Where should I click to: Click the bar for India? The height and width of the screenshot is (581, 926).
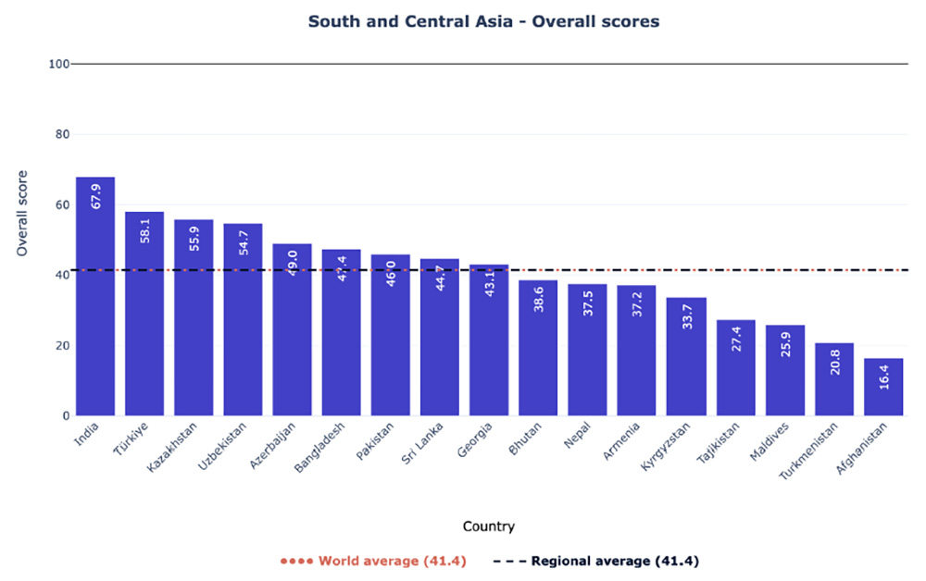pos(95,296)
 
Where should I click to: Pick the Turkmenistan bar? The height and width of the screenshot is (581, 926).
pos(834,379)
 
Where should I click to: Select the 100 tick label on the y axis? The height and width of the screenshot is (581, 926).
pos(57,64)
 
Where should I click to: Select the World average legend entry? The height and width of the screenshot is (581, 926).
pos(372,561)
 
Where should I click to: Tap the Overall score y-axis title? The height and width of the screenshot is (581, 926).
pos(23,213)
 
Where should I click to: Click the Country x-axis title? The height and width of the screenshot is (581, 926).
pos(489,526)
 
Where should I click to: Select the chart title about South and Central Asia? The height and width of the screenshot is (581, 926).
pos(483,20)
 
